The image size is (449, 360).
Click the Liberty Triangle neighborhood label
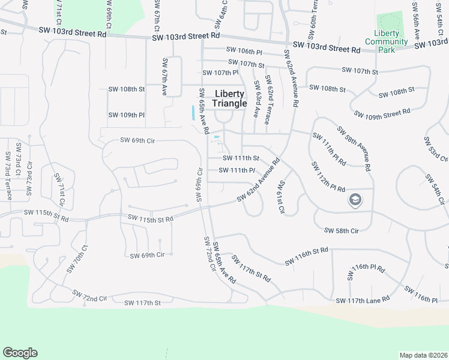click(x=229, y=99)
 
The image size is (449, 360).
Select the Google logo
click(x=20, y=353)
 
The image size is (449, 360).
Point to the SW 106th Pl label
click(x=244, y=52)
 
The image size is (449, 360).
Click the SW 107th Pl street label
click(x=220, y=73)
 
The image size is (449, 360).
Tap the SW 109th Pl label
click(x=127, y=115)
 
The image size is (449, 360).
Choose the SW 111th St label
click(x=240, y=158)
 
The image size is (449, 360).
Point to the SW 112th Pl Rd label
click(x=328, y=176)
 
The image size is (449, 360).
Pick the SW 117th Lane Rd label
click(x=363, y=299)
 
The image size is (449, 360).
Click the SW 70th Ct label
click(x=77, y=259)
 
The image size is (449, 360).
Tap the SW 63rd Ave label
click(x=256, y=98)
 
